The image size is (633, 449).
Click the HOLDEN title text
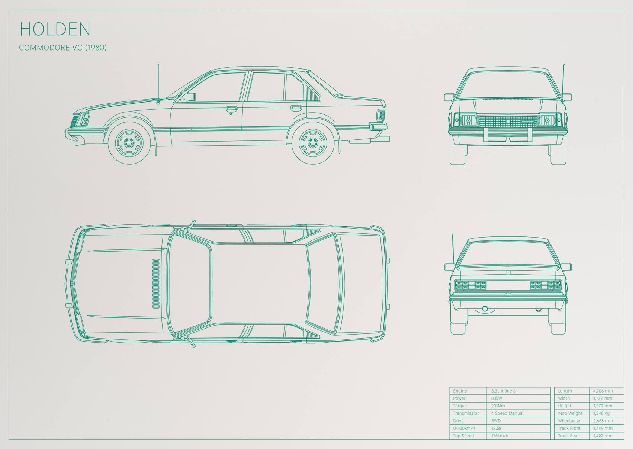(55, 29)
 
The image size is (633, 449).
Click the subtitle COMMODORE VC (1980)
(63, 48)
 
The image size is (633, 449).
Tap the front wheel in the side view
(129, 143)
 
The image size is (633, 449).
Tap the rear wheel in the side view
(313, 143)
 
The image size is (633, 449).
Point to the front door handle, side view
(231, 109)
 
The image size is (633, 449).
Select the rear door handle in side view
(296, 107)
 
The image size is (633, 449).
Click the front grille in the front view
(508, 121)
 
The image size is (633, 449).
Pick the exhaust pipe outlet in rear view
(485, 309)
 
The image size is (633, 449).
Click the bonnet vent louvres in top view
(156, 284)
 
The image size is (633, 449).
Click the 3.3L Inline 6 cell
(503, 391)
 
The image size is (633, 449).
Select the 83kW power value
(497, 398)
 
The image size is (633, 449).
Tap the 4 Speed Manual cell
(507, 413)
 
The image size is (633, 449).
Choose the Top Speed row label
(463, 436)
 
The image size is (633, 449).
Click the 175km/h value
(499, 436)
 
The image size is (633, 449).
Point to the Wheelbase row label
(569, 421)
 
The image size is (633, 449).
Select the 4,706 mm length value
(603, 391)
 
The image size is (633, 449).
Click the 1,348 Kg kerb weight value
(601, 413)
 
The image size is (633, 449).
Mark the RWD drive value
(496, 421)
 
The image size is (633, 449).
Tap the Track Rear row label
(568, 436)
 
